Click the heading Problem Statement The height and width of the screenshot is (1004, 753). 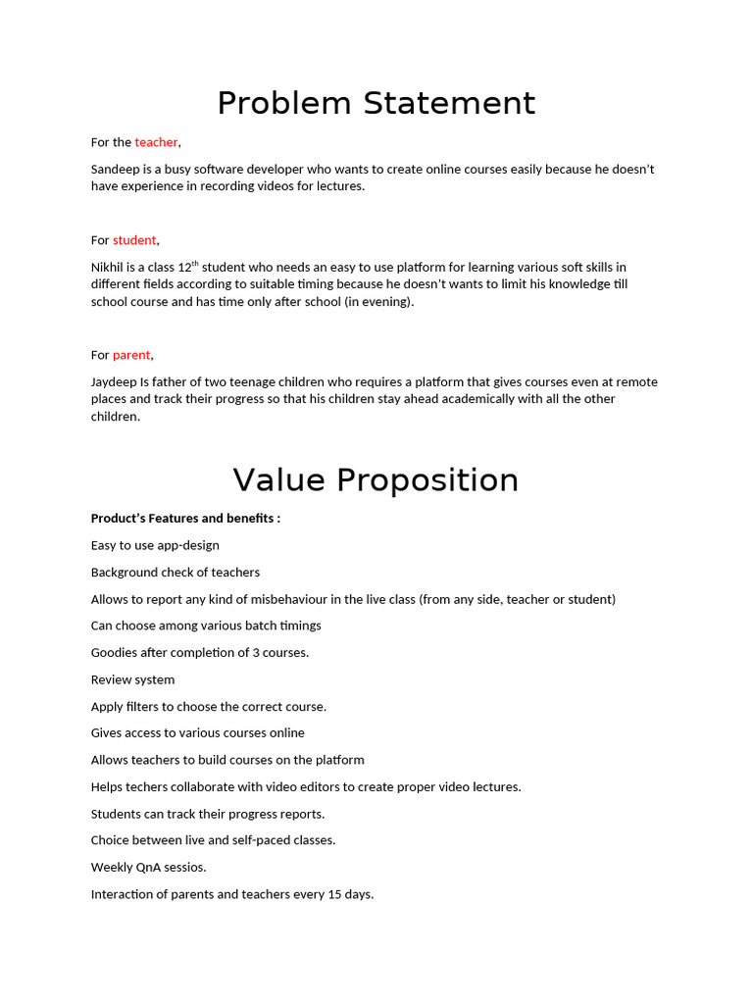pyautogui.click(x=376, y=103)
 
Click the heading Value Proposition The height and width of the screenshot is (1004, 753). pyautogui.click(x=376, y=480)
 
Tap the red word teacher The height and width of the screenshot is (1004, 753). pyautogui.click(x=156, y=142)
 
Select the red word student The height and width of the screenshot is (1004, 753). pyautogui.click(x=134, y=240)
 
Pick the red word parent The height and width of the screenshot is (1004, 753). pyautogui.click(x=131, y=355)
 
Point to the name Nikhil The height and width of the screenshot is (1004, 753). pyautogui.click(x=107, y=267)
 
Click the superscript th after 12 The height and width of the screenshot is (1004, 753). pyautogui.click(x=194, y=263)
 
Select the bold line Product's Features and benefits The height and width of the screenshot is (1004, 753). pyautogui.click(x=185, y=518)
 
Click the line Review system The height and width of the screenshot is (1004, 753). pyautogui.click(x=132, y=679)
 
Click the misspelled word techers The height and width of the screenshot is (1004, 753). pyautogui.click(x=147, y=787)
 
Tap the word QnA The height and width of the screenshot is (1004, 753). pyautogui.click(x=143, y=868)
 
